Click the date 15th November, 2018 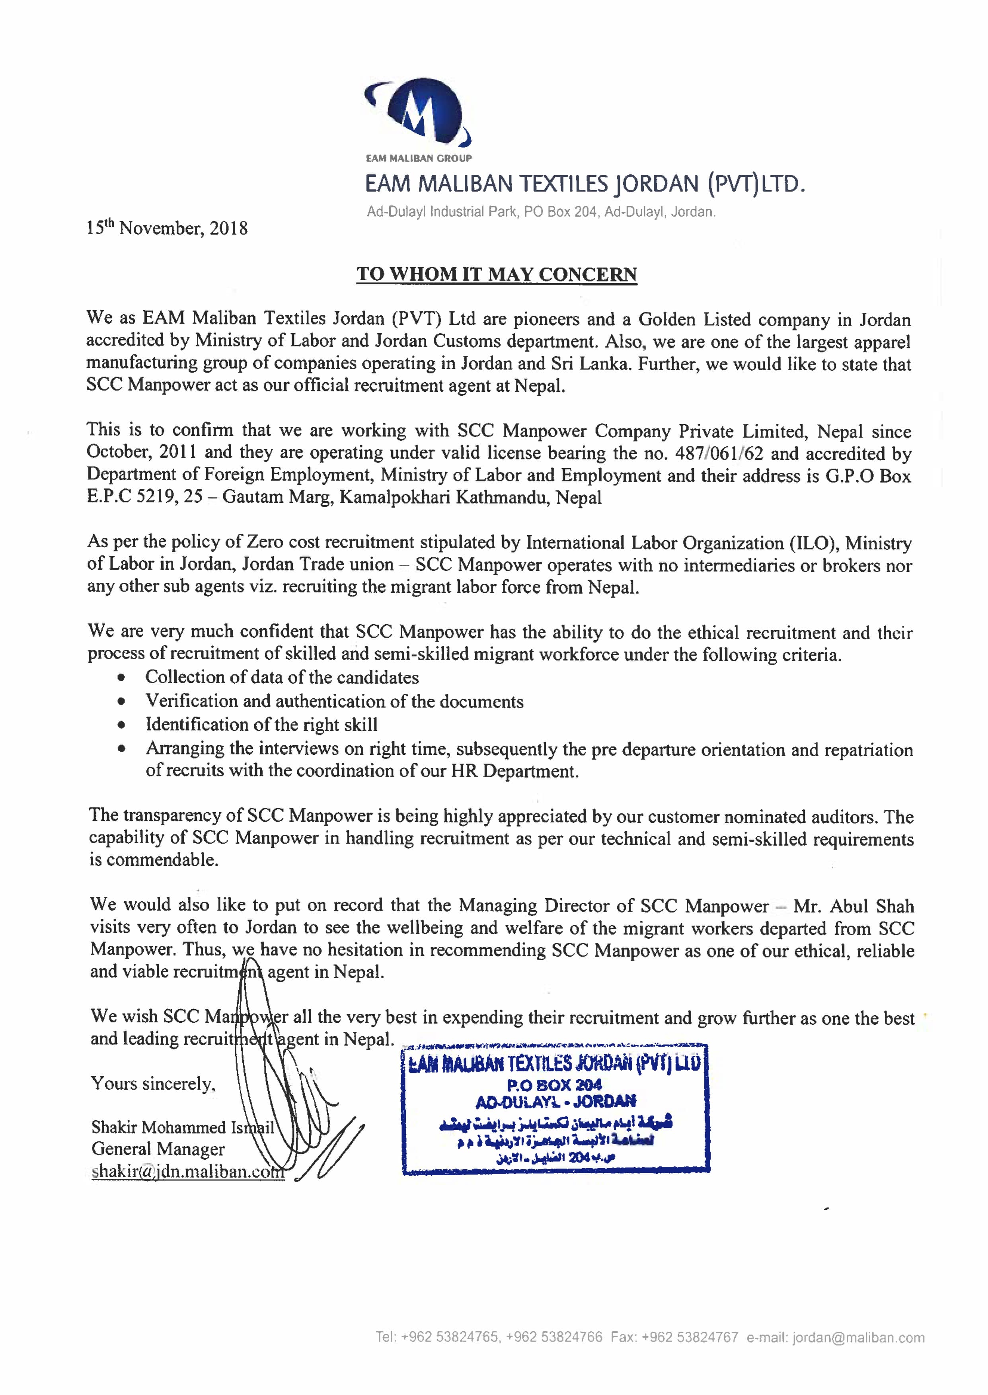click(167, 228)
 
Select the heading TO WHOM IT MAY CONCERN click(497, 274)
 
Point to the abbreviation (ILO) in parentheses click(814, 542)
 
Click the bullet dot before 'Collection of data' click(122, 678)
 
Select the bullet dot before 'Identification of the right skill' click(122, 725)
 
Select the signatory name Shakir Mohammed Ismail click(183, 1128)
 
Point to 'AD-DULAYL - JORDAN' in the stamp click(555, 1101)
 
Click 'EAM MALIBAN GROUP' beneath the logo click(419, 158)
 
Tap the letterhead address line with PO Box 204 click(541, 212)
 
